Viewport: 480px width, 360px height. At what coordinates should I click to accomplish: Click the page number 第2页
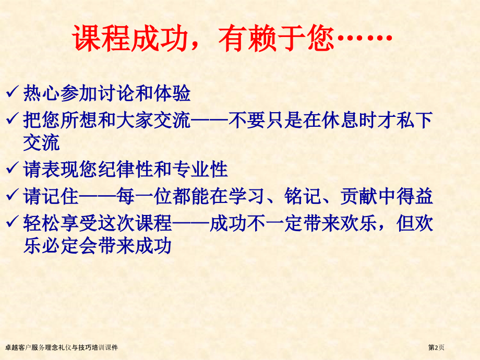[436, 347]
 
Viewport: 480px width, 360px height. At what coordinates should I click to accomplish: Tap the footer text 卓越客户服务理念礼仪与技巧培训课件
[62, 347]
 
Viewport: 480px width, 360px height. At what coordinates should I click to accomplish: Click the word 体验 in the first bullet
[172, 93]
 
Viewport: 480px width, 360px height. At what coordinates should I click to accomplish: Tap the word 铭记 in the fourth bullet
[303, 196]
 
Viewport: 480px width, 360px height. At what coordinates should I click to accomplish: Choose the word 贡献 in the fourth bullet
[358, 196]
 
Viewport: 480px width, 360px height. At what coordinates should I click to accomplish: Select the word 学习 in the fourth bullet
[246, 196]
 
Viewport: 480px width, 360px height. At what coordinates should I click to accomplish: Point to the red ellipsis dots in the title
[364, 38]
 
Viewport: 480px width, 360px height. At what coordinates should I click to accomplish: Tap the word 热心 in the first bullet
[41, 93]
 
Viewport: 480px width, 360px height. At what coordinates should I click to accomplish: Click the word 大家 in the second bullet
[135, 120]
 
